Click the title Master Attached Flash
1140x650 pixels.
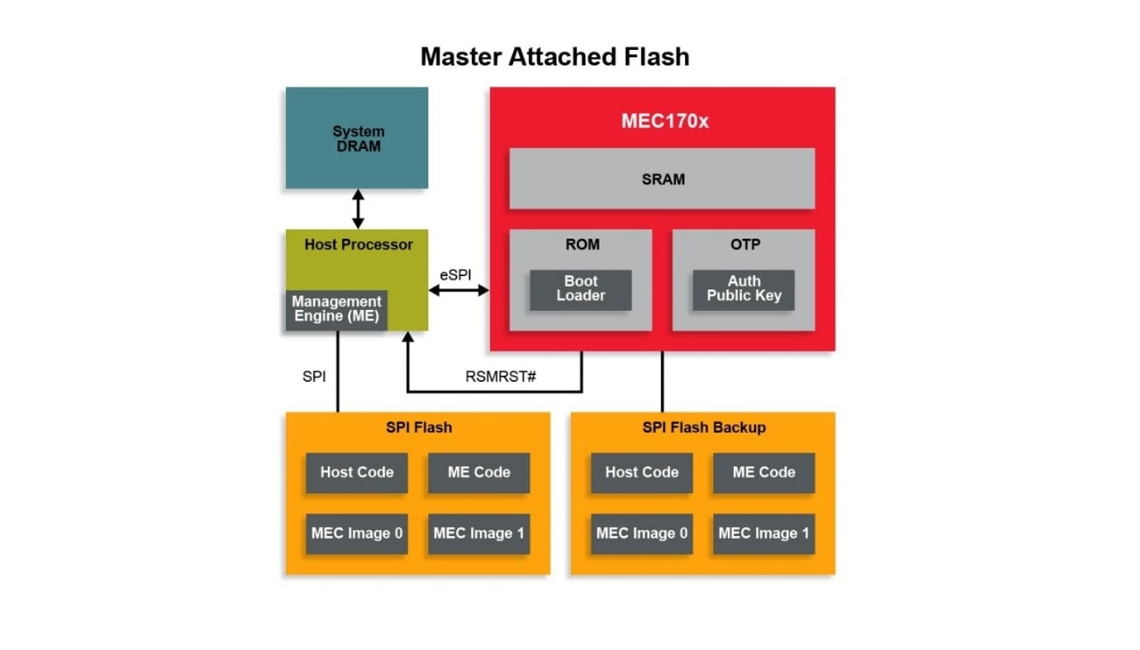click(554, 57)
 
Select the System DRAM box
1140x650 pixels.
click(356, 138)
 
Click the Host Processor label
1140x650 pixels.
click(358, 245)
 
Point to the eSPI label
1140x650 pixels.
click(456, 274)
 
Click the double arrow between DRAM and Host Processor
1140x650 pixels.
click(358, 208)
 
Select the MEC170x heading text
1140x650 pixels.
click(664, 121)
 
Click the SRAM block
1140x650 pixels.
click(662, 179)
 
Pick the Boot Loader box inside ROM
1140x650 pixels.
click(581, 289)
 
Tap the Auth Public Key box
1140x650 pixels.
click(744, 289)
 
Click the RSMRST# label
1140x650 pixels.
click(501, 377)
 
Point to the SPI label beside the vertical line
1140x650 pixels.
click(314, 377)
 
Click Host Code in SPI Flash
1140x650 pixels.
click(356, 473)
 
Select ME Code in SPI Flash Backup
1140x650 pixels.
click(763, 473)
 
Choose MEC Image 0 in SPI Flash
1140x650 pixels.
click(356, 534)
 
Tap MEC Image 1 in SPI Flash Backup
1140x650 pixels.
click(763, 534)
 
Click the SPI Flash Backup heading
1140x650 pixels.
click(704, 427)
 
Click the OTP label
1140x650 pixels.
click(744, 245)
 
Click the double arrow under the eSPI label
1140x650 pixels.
click(460, 290)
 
